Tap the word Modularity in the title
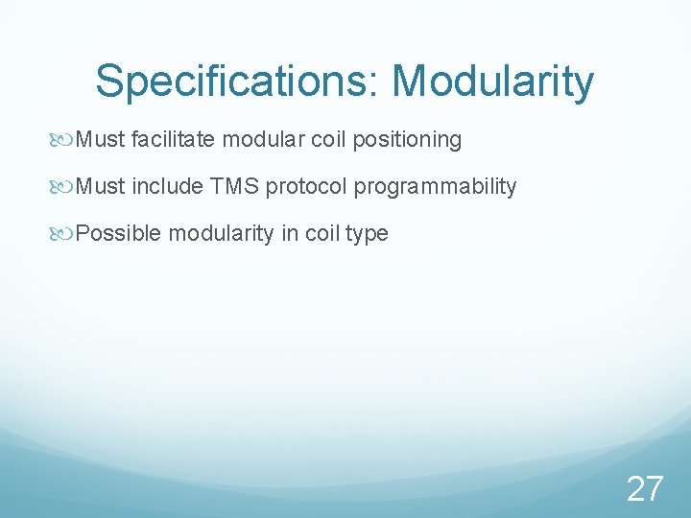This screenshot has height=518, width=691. tap(493, 82)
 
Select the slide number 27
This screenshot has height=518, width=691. tap(644, 489)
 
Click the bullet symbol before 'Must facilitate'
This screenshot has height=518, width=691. tap(64, 140)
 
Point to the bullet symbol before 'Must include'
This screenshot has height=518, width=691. tap(64, 187)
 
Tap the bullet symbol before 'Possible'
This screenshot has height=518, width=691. tap(64, 234)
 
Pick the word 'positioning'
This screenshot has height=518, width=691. tap(407, 140)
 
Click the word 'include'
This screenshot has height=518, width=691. tap(165, 187)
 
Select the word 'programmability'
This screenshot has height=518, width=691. tap(435, 187)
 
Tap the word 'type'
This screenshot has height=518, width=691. tap(368, 234)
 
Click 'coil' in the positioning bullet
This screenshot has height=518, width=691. tap(328, 140)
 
